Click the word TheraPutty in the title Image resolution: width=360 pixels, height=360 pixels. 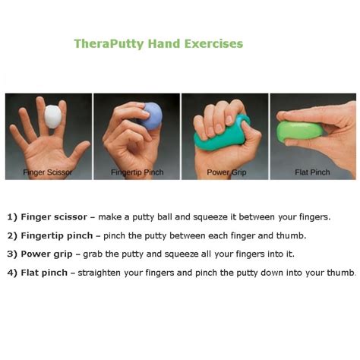point(109,44)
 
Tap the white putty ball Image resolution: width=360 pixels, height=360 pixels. point(53,117)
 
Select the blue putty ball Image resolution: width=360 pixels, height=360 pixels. point(151,116)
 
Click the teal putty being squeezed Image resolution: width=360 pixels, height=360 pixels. point(220,137)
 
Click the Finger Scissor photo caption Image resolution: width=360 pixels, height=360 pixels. point(47,172)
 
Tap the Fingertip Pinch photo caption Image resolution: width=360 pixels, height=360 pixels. point(137,172)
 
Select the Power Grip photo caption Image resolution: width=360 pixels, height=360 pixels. point(226,172)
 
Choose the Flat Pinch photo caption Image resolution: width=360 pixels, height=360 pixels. point(312,172)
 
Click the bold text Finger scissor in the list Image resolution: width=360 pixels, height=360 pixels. point(54,217)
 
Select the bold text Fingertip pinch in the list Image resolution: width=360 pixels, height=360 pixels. point(57,235)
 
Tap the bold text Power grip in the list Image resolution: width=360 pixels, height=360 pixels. point(46,254)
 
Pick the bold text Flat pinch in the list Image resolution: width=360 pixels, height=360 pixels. point(44,273)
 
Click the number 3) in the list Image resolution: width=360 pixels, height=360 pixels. point(12,254)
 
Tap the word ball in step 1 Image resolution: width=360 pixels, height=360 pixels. point(165,217)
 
